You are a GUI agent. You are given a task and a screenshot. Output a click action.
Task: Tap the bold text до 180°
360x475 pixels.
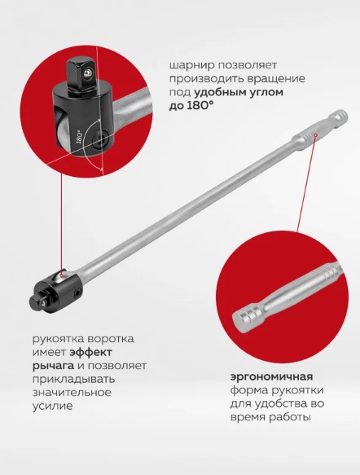point(191,106)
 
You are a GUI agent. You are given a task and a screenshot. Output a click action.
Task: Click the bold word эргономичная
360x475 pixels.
point(271,377)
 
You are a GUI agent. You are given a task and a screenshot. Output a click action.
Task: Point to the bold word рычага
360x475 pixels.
point(53,366)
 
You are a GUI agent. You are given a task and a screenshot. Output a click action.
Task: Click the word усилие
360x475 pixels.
point(52,406)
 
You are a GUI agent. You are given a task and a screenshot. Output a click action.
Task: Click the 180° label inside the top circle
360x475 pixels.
point(80,137)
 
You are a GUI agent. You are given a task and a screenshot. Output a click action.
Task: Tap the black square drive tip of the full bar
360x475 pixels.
point(37,301)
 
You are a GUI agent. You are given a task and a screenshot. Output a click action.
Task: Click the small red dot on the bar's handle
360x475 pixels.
point(315,134)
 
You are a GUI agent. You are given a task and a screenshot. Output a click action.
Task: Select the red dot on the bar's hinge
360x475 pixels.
point(61,275)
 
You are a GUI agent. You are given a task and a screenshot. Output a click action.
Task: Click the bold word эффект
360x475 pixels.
point(91,352)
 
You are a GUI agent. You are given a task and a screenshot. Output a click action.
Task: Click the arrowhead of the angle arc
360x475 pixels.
point(102,169)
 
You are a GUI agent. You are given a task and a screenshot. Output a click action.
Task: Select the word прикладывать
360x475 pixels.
point(73,380)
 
